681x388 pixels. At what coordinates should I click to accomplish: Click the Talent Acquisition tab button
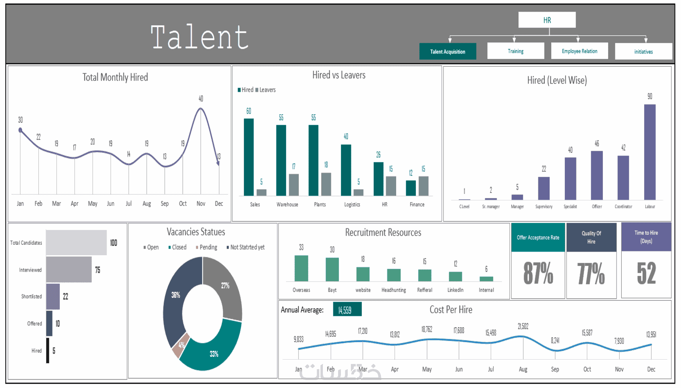coord(447,51)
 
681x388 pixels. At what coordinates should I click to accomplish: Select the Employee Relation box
coord(579,51)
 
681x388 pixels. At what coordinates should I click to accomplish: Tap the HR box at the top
coord(547,20)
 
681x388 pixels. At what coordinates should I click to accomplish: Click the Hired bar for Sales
coord(249,157)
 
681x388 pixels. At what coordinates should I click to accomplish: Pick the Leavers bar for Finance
coord(423,186)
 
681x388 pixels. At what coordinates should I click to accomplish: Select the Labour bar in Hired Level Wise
coord(650,152)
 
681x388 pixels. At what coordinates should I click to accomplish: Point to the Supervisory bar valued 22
coord(544,188)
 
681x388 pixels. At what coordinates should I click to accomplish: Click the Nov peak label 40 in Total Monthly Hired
coord(201,98)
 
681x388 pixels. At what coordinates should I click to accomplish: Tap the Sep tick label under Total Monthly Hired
coord(165,204)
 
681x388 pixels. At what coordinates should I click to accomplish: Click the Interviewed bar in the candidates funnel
coord(69,270)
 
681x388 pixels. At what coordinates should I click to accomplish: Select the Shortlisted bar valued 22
coord(53,296)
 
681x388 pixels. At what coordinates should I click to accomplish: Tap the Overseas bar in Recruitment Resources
coord(301,268)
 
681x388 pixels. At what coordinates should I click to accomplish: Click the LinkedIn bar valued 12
coord(455,276)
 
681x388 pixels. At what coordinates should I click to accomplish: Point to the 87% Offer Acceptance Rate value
coord(538,274)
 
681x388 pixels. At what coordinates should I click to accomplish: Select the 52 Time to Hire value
coord(646,274)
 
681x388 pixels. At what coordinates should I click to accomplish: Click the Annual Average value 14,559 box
coord(347,310)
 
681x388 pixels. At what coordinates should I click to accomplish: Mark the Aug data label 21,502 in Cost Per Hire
coord(523,326)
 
